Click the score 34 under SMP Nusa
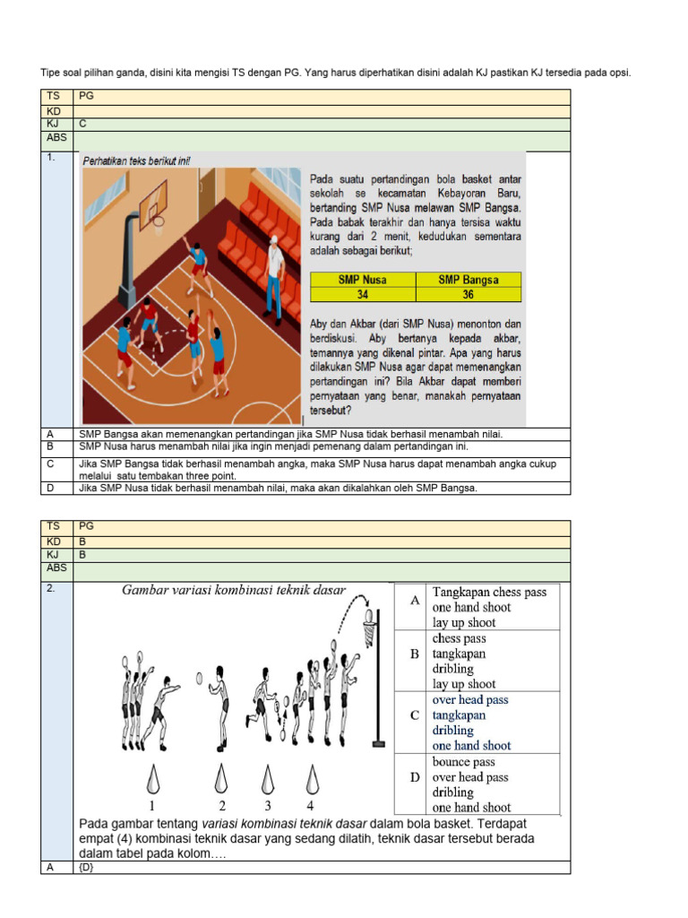[x=363, y=294]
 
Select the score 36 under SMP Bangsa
[x=468, y=294]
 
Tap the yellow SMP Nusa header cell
[x=363, y=280]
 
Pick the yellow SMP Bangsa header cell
[x=468, y=280]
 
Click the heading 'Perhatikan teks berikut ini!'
[x=136, y=161]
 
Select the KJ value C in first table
[x=82, y=125]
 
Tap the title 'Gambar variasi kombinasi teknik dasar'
[x=234, y=590]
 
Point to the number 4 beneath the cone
[x=311, y=804]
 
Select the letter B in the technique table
[x=414, y=654]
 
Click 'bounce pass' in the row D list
[x=459, y=762]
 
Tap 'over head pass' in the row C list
[x=470, y=700]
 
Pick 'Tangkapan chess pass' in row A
[x=489, y=592]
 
